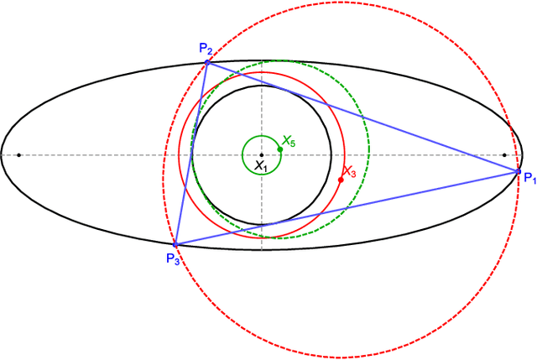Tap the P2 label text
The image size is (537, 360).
[x=206, y=49]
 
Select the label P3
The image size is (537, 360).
[x=173, y=257]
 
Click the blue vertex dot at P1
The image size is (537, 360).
[x=518, y=171]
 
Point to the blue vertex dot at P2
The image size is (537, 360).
[x=207, y=62]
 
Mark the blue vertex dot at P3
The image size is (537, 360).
[x=175, y=244]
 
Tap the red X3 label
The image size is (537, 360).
[x=350, y=172]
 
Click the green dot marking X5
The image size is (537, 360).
[x=279, y=149]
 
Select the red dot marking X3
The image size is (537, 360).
[x=341, y=180]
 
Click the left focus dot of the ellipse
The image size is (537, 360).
[x=18, y=155]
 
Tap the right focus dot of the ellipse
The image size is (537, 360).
[x=504, y=155]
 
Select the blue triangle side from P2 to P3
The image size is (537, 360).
[x=191, y=153]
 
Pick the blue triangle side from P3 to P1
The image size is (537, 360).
[x=344, y=208]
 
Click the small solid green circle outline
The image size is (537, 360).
[x=243, y=149]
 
